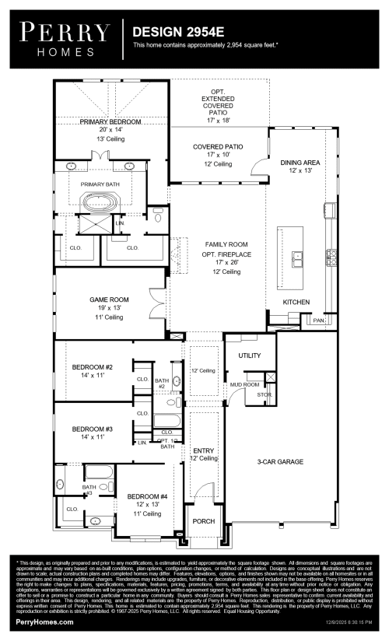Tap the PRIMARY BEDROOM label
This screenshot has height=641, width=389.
110,122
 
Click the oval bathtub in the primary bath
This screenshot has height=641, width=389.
102,204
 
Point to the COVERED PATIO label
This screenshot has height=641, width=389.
218,146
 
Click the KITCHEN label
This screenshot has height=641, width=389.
296,300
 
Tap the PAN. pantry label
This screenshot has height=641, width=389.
318,320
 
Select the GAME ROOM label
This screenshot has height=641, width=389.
109,299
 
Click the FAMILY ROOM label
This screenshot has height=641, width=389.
218,243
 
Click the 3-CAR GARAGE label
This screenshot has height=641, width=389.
280,461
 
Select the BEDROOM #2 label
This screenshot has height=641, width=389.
93,367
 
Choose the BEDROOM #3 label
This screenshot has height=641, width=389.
93,429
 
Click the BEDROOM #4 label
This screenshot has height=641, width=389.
147,496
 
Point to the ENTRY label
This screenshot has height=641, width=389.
204,450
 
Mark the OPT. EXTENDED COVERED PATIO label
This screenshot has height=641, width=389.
218,101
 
